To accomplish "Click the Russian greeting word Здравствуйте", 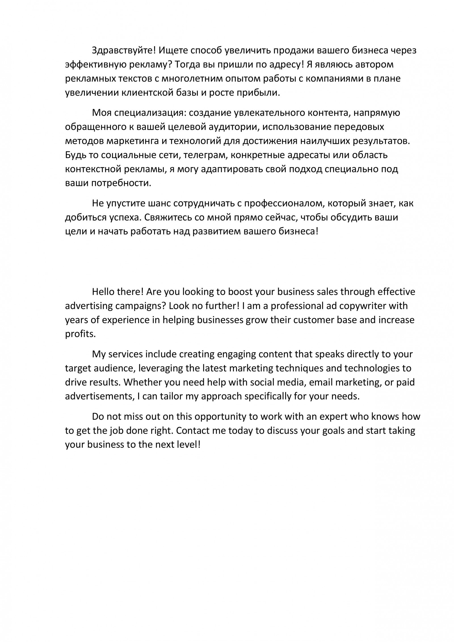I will click(x=124, y=51).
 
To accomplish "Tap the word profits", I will click(x=80, y=334).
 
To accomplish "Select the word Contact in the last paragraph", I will click(x=192, y=431).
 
